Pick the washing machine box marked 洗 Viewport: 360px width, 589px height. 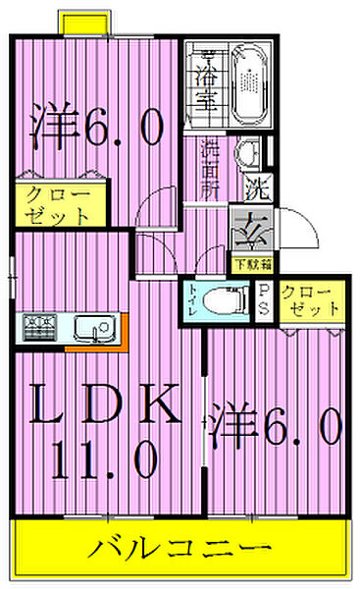tap(253, 183)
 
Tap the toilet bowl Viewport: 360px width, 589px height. tap(227, 301)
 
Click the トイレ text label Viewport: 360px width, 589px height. tap(193, 303)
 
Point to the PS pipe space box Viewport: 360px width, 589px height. tap(264, 298)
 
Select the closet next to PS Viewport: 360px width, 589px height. tap(309, 299)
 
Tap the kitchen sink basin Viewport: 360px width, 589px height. tap(94, 328)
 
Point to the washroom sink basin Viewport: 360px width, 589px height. tap(249, 153)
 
